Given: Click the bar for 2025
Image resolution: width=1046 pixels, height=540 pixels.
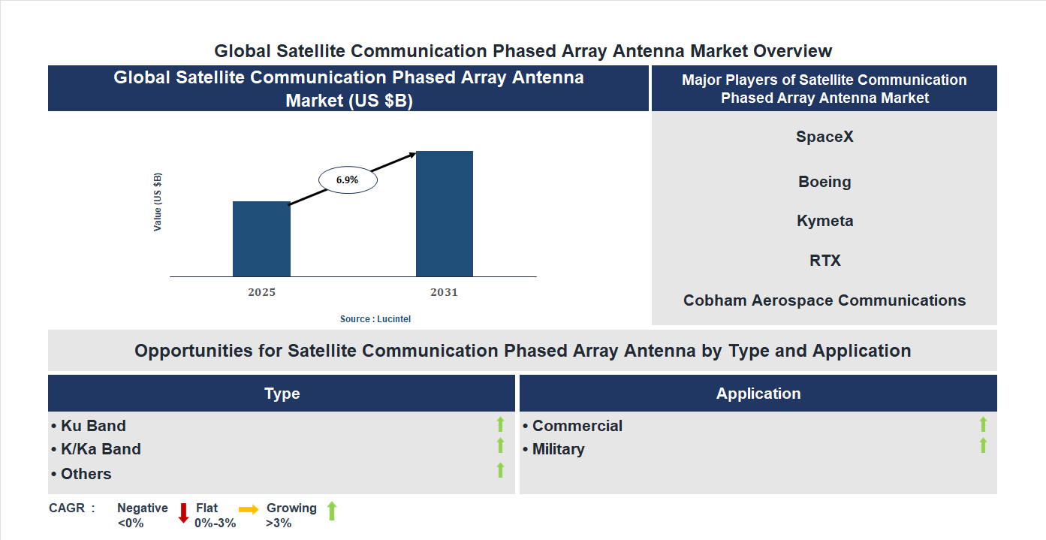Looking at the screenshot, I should [261, 239].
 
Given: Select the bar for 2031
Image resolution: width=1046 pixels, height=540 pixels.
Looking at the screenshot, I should [445, 214].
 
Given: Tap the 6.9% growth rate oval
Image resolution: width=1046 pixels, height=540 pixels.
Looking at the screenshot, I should [347, 180].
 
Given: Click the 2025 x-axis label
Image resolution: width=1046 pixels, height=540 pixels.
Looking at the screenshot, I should [261, 292].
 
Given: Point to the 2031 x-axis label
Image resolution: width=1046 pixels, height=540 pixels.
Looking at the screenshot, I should [444, 292].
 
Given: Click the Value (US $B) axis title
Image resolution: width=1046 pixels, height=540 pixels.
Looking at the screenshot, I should [158, 202].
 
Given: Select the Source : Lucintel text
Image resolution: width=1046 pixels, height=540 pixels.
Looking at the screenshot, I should [375, 319].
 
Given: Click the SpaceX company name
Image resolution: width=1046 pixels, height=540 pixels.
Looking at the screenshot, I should [824, 137].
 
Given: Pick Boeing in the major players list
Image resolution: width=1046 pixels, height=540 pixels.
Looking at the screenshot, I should [824, 182].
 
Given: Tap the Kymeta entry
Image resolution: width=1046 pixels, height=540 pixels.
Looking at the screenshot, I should [824, 221].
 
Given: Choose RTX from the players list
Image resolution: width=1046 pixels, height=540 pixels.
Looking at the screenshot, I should [824, 261].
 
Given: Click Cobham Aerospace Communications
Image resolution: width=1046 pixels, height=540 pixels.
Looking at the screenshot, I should [824, 300].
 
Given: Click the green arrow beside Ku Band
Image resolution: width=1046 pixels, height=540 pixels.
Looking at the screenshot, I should [500, 425].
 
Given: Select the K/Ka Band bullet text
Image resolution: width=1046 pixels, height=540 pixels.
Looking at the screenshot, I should [101, 449].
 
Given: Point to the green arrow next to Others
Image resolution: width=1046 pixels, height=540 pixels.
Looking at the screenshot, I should [500, 471].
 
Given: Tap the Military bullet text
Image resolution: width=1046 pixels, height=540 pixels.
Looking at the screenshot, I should [558, 449].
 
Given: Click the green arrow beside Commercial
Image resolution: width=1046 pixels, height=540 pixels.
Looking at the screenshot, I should [983, 425].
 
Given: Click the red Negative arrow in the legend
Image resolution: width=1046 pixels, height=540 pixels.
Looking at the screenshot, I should [183, 514].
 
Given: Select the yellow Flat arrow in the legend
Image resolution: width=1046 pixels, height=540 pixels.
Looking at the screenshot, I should [249, 509].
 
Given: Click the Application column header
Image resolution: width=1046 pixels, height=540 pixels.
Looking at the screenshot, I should [758, 394].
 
